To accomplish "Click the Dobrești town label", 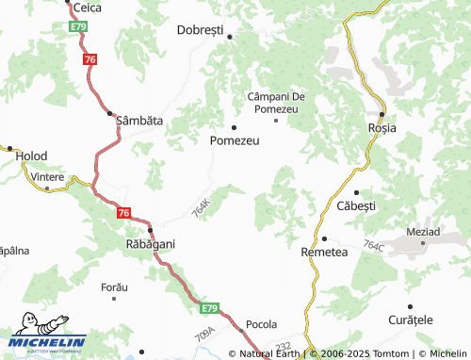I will (200, 29).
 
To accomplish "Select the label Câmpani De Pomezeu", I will (273, 103).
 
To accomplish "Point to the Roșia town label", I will (382, 127).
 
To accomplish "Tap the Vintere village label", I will (46, 176).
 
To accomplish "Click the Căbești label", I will (356, 205).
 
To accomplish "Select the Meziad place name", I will (423, 232).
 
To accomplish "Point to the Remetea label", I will (324, 252).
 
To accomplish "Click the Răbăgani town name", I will (151, 243).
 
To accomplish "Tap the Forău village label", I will (113, 285).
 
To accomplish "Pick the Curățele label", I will (410, 319).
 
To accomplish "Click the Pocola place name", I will (261, 324).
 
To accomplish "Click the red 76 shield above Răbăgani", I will (123, 213).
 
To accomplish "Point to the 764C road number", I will (373, 246).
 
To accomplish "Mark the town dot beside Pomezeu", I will (234, 126).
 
